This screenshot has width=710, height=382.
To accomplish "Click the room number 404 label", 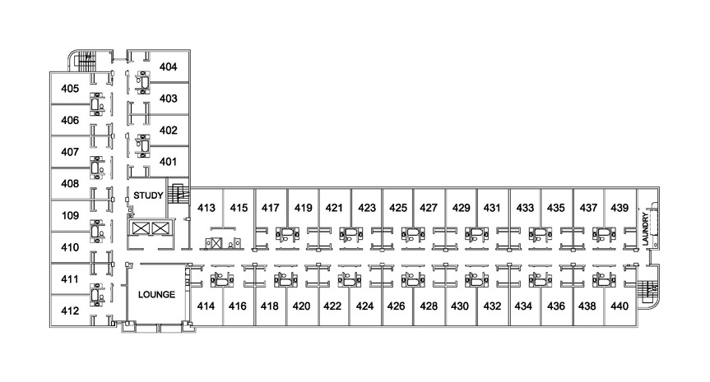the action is (x=168, y=67).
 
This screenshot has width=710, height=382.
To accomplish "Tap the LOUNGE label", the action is (x=156, y=295).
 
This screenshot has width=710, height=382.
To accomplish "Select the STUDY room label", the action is (x=148, y=196).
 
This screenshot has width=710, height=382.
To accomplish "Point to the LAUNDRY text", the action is (x=645, y=228).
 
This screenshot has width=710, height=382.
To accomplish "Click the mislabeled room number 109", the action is (x=70, y=215).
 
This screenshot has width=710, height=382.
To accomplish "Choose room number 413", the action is (x=206, y=208).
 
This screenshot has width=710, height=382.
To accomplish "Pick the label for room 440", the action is (x=620, y=306).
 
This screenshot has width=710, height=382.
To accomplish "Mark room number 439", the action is (x=620, y=208).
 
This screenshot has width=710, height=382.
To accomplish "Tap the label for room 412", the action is (x=70, y=311).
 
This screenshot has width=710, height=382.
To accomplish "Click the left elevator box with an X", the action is (x=141, y=228).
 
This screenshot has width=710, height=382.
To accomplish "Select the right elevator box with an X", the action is (x=160, y=228).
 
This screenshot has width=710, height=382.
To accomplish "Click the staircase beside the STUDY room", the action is (x=178, y=195).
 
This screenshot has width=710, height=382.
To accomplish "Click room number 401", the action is (x=168, y=162).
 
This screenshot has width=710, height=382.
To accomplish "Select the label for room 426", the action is (x=396, y=306).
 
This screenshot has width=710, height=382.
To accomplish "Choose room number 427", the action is (x=429, y=208).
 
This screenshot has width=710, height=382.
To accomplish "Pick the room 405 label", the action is (x=70, y=89).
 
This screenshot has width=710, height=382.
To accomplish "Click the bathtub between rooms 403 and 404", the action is (x=144, y=82).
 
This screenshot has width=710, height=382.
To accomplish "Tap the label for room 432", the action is (x=492, y=306).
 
